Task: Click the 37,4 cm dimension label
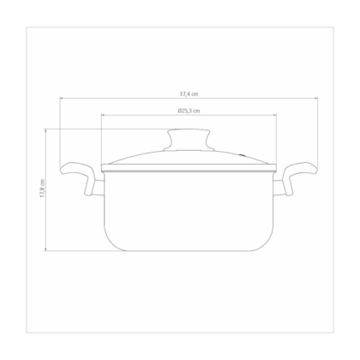pos(189,93)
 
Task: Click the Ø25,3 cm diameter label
pos(189,111)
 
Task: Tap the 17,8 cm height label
pos(42,189)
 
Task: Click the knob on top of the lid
pos(189,140)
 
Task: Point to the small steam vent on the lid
pos(243,155)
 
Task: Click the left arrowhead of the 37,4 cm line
pos(61,98)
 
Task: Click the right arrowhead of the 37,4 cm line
pos(316,98)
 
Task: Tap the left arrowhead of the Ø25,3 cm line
pos(103,115)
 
